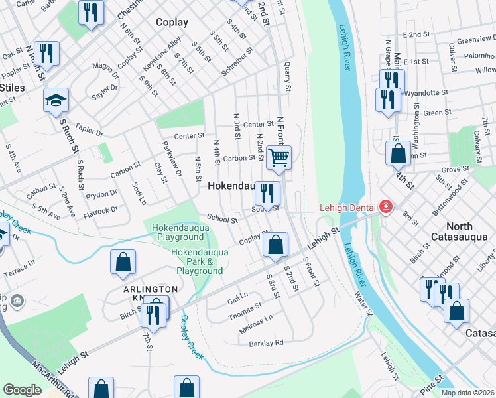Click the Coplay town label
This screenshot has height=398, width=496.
pos(172,22)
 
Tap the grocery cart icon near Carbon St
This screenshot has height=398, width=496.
pos(279,158)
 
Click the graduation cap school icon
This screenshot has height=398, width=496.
pos(56,100)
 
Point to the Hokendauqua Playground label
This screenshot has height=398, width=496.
pos(178,232)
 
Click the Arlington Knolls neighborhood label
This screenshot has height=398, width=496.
pos(151,294)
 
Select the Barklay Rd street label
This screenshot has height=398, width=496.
pos(266,343)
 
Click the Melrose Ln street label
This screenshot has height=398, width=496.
pos(255,321)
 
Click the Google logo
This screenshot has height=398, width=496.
pos(22,390)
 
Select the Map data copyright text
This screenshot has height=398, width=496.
pos(468,393)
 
